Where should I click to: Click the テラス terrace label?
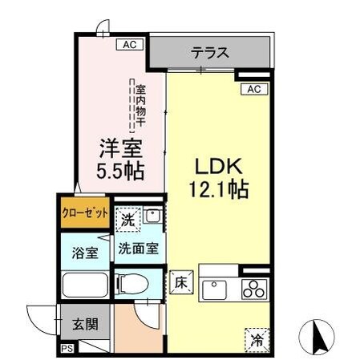[x=210, y=54]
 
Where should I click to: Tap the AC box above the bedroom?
[x=127, y=45]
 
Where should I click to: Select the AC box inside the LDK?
[x=254, y=88]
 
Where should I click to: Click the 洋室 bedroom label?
[x=120, y=148]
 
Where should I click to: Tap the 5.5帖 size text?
[x=120, y=170]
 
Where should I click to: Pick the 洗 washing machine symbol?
[x=129, y=217]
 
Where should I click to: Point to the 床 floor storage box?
[x=180, y=283]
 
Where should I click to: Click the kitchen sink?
[x=216, y=289]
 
